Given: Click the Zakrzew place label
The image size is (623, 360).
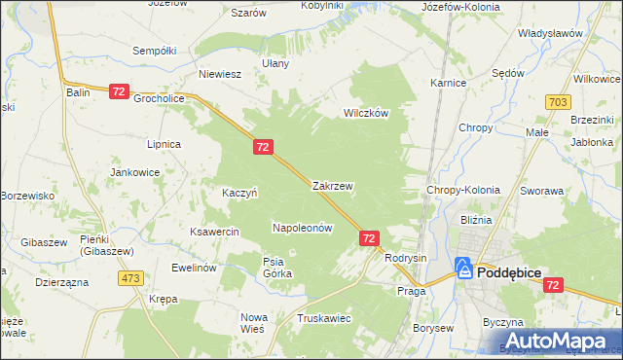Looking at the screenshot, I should [x=333, y=185].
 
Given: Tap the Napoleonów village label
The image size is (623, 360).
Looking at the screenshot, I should [x=302, y=228].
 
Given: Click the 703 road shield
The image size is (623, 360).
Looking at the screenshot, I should [x=559, y=101].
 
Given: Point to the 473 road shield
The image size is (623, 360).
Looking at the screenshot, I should [x=131, y=278].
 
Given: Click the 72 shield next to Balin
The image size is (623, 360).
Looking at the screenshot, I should [x=119, y=91].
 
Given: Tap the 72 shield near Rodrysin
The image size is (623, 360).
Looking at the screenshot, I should [x=369, y=237].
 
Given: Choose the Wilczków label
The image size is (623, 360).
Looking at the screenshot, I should [x=366, y=113].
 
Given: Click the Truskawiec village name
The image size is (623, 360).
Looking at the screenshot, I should [x=323, y=318].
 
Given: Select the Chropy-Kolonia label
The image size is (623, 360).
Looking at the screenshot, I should [x=463, y=191].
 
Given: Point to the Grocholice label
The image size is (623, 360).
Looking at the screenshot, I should [x=160, y=98].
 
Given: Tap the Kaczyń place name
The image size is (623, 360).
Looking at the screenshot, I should [x=239, y=193].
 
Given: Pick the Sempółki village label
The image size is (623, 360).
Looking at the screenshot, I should [x=154, y=50].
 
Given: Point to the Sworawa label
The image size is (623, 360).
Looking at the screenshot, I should [x=542, y=192].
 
